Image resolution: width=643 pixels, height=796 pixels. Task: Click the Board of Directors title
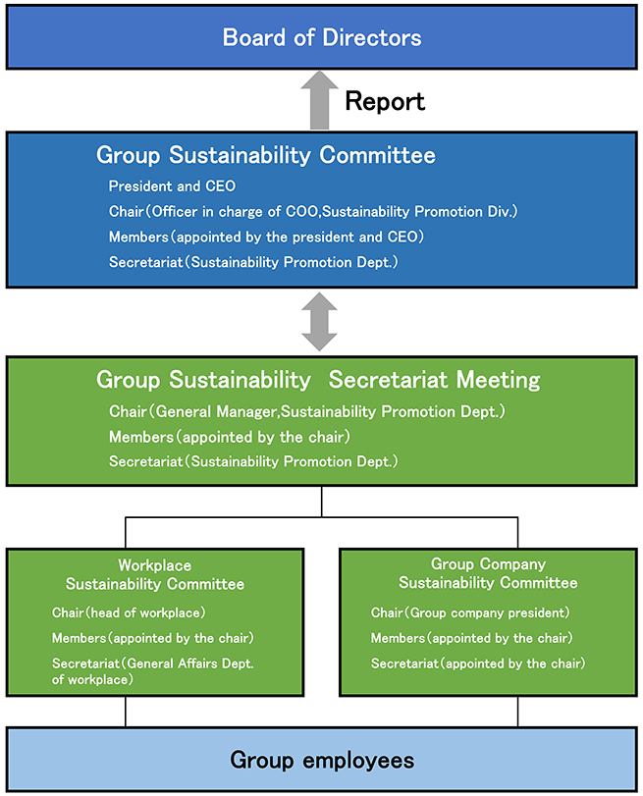tap(322, 37)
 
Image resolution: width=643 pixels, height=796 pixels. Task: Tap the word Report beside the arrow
tap(385, 101)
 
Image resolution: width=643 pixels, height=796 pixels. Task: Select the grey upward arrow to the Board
tap(319, 100)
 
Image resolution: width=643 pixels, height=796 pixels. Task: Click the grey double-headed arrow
tap(319, 322)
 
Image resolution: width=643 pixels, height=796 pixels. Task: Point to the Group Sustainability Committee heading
tap(266, 155)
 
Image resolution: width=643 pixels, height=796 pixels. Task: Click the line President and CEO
tap(172, 186)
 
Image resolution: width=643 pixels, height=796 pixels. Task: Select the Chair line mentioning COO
tap(313, 211)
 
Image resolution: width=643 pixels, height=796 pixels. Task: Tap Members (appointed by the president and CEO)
tap(266, 237)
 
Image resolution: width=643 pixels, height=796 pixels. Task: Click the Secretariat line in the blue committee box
tap(253, 262)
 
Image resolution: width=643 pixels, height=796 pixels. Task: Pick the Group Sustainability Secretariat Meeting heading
tap(318, 380)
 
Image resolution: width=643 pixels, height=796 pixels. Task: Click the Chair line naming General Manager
tap(306, 411)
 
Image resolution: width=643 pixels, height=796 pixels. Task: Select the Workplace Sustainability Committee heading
tap(155, 574)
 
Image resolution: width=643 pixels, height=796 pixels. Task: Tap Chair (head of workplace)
tap(129, 612)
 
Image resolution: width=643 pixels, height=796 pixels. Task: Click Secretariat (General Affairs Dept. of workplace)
tap(152, 671)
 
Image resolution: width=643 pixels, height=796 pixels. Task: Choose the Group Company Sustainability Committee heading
tap(488, 573)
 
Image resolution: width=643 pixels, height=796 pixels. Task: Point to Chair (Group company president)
tap(470, 612)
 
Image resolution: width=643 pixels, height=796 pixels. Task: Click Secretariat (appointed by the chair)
tap(478, 663)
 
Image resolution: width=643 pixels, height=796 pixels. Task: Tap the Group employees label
tap(322, 760)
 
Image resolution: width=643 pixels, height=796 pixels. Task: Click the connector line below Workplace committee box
tap(126, 712)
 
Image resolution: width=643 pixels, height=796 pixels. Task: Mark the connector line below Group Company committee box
tap(518, 712)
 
